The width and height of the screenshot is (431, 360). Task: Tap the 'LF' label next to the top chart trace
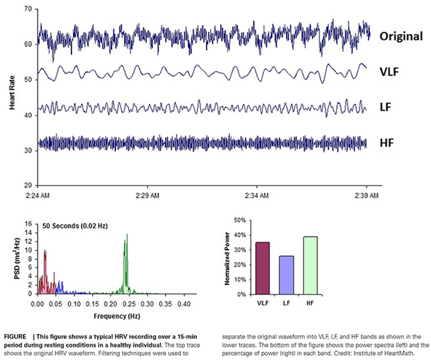click(x=386, y=106)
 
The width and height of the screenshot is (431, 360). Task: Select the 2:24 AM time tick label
click(x=37, y=196)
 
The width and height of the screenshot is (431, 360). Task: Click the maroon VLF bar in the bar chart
click(x=263, y=268)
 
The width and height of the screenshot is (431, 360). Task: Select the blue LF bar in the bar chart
click(x=286, y=275)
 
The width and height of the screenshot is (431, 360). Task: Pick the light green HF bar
click(x=310, y=265)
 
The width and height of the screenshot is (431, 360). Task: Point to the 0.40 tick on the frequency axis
click(x=184, y=303)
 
